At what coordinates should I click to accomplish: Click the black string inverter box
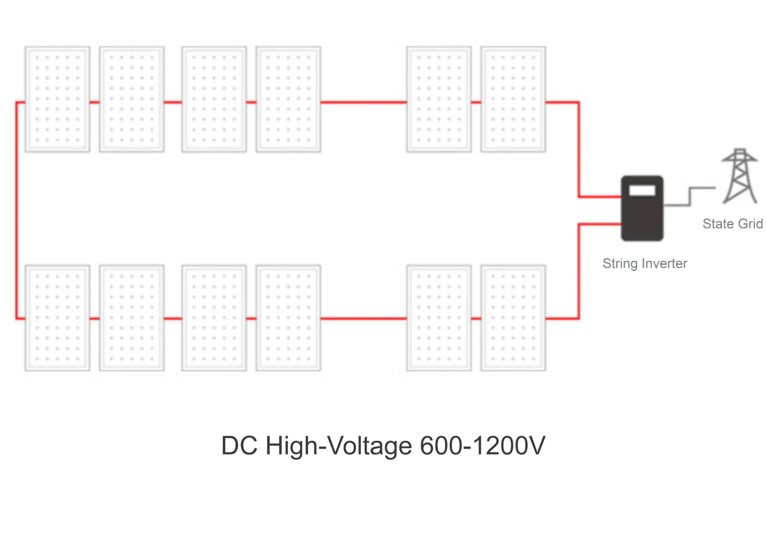[642, 216]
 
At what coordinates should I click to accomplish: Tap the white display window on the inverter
[642, 191]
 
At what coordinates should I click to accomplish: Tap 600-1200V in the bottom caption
[482, 445]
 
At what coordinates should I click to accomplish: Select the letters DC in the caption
[239, 445]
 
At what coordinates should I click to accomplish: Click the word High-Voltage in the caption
[338, 446]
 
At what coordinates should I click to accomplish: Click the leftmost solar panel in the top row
[57, 99]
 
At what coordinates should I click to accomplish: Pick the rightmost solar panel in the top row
[513, 99]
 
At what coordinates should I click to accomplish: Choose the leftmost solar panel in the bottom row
[57, 318]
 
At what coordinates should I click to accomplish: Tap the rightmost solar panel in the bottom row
[513, 318]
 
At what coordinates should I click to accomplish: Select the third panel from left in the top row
[214, 99]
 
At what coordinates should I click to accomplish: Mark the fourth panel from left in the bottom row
[288, 318]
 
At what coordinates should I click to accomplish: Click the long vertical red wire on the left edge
[17, 210]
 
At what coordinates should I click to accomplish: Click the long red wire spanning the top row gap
[364, 102]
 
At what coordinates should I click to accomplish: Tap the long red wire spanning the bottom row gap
[364, 319]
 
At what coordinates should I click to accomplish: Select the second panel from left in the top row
[131, 99]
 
